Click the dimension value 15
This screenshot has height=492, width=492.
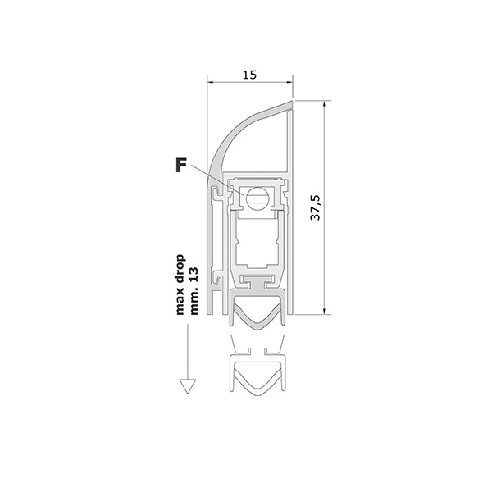coord(250,75)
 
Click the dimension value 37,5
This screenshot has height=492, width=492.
coord(316,207)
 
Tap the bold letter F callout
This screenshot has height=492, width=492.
coord(181,165)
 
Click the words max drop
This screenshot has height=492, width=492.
coord(180,285)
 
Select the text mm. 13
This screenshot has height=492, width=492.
coord(194,291)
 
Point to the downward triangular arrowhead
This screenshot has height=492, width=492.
coord(188,386)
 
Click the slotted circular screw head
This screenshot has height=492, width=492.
coord(256,198)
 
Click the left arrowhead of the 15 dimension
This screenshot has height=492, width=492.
coord(210,83)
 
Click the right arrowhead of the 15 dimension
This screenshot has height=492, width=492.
coord(289,83)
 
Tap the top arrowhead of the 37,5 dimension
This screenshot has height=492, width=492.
coord(324,104)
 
